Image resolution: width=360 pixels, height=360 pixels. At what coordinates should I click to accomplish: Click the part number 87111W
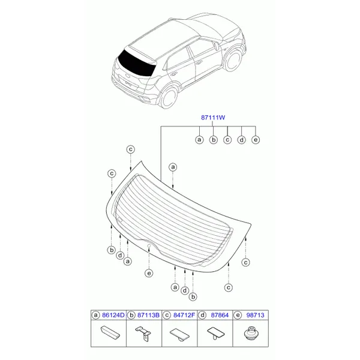tap(213, 118)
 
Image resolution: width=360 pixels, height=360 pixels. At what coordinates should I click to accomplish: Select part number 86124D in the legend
tap(113, 315)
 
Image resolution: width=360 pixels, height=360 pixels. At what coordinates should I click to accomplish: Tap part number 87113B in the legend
tap(148, 315)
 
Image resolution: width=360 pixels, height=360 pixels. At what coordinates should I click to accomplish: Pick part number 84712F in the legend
tap(184, 315)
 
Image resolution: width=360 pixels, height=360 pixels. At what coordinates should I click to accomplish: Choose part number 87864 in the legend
tap(220, 315)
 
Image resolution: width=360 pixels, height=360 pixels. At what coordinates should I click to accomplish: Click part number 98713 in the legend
tap(256, 315)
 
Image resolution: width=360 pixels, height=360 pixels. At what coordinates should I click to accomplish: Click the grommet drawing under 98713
tap(251, 334)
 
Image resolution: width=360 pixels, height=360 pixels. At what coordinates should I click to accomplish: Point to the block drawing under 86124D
tap(110, 332)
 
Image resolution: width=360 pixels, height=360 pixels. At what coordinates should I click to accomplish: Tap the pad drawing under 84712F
tap(180, 334)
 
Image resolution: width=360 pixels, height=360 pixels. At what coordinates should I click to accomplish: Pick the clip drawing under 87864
tap(216, 333)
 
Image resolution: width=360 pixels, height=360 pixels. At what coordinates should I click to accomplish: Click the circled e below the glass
tap(149, 273)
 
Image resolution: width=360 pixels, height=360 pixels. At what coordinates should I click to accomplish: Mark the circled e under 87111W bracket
tap(256, 140)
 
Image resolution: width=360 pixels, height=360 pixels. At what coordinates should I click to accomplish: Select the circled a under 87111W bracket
tap(199, 140)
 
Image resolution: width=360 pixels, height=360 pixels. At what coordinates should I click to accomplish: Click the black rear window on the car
tap(136, 63)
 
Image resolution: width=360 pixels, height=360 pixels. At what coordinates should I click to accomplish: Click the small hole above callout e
tap(149, 246)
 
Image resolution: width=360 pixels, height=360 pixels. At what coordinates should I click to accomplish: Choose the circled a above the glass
tap(173, 167)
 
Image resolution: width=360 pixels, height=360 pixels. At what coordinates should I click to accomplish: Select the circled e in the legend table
tap(238, 315)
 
